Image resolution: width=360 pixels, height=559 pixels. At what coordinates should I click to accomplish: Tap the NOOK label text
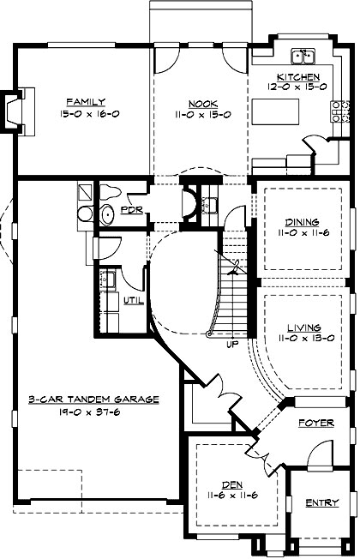click(x=201, y=101)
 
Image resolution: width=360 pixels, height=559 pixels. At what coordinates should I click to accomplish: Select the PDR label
click(x=131, y=209)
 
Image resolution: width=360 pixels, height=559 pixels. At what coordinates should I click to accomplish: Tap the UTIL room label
click(x=132, y=300)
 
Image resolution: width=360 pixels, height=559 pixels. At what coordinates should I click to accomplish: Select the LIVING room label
click(x=304, y=328)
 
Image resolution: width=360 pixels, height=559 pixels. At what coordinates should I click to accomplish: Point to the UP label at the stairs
click(x=231, y=346)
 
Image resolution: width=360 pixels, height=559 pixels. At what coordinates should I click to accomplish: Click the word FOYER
click(x=315, y=424)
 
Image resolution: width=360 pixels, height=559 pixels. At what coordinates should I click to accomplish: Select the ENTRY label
click(x=321, y=503)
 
